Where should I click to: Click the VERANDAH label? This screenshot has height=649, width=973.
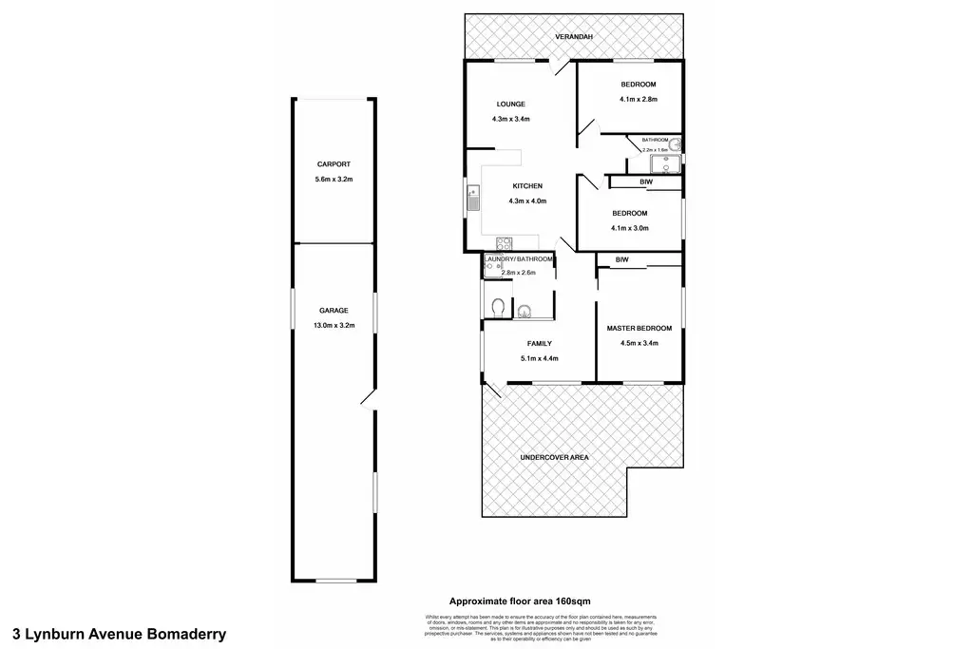click(574, 37)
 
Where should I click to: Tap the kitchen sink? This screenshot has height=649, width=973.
click(472, 199)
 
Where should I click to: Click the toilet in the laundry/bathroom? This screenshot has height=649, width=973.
click(498, 307)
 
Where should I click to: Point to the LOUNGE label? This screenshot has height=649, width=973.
click(510, 104)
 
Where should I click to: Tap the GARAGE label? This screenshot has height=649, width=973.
click(333, 311)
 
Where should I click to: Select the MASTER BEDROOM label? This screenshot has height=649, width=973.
click(639, 329)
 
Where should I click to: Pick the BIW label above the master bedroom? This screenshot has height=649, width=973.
click(622, 259)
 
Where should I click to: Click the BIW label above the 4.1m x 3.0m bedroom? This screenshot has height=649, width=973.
click(645, 181)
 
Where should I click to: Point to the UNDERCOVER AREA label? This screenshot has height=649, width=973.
click(554, 458)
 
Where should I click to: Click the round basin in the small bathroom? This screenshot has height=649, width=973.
click(676, 144)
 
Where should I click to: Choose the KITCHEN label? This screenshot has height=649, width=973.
click(527, 186)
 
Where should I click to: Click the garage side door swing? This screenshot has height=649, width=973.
click(368, 399)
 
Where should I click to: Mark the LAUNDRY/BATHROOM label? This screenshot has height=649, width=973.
click(519, 259)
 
